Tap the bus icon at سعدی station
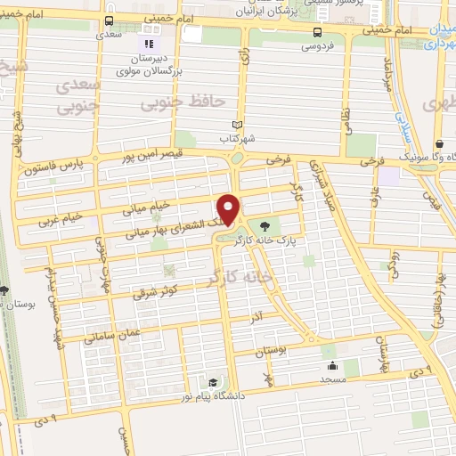click(109, 20)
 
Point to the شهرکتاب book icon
click(236, 125)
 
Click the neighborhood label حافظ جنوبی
click(178, 104)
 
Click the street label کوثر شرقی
click(155, 288)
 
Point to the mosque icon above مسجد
click(333, 364)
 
